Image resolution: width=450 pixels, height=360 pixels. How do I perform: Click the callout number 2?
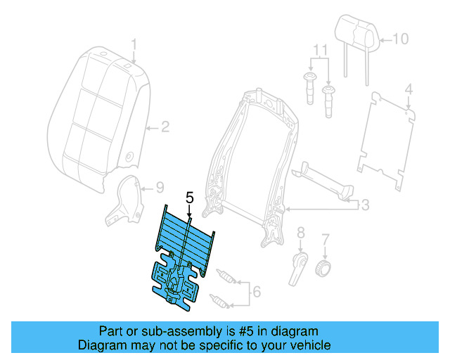pyautogui.click(x=165, y=127)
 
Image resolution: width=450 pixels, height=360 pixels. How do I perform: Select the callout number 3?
pyautogui.click(x=365, y=205)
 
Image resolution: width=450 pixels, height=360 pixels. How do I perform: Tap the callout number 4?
pyautogui.click(x=409, y=89)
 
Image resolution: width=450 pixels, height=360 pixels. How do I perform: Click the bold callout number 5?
pyautogui.click(x=188, y=198)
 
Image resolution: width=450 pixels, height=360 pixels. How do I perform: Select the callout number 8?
pyautogui.click(x=300, y=233)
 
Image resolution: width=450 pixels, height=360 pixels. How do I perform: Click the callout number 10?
pyautogui.click(x=399, y=39)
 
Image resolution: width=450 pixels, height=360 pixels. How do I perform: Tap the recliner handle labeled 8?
pyautogui.click(x=297, y=266)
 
